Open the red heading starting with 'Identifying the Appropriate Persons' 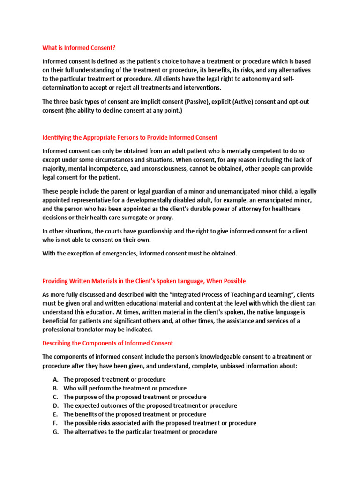(130, 137)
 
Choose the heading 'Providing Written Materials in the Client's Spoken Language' (144, 281)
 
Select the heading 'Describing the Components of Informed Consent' (107, 343)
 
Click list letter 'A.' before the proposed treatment (56, 379)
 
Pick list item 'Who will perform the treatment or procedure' (125, 388)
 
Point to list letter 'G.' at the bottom (56, 432)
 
